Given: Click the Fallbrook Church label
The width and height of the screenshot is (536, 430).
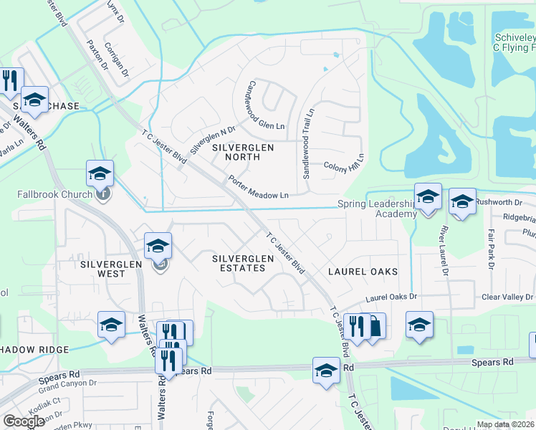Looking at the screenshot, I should coord(54,194).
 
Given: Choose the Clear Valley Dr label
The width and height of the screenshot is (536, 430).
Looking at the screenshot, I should coord(508,297).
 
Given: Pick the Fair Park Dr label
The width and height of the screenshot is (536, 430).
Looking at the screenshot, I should coord(492,249).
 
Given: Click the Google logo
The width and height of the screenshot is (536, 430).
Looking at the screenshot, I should coord(24,421).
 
